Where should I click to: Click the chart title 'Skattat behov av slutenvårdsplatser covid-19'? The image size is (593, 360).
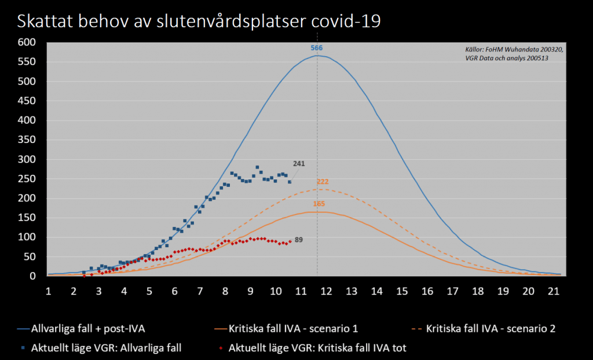click(199, 22)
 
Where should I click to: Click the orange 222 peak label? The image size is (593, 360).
click(323, 182)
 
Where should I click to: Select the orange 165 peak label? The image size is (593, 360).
click(319, 204)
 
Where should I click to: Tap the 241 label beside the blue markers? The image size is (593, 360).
click(299, 164)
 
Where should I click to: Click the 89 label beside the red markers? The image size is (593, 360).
click(299, 240)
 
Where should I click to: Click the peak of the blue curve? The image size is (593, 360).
click(317, 56)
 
